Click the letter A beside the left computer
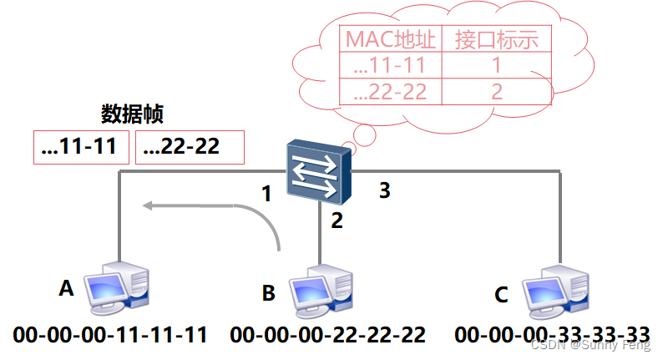coord(66,288)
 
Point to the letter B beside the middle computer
coord(268,292)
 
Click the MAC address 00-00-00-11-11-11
coord(110,336)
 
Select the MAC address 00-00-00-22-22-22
coord(328,336)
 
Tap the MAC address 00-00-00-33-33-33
coord(553,336)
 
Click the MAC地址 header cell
coord(391,38)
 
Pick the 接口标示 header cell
coord(496,38)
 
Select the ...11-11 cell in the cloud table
coord(391,65)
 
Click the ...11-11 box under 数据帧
coord(81,147)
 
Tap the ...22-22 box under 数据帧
coord(190,147)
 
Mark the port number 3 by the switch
coord(384,190)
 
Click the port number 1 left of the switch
coord(266,194)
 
